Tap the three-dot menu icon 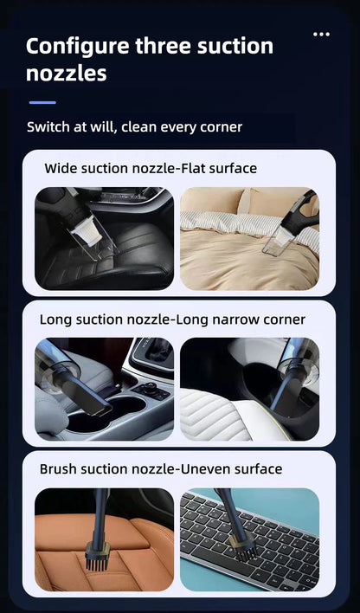pyautogui.click(x=321, y=35)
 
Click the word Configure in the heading pyautogui.click(x=75, y=46)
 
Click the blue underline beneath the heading pyautogui.click(x=42, y=102)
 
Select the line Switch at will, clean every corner pyautogui.click(x=134, y=127)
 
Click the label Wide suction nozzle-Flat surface pyautogui.click(x=151, y=168)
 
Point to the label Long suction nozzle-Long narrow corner pyautogui.click(x=172, y=319)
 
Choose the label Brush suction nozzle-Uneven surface pyautogui.click(x=161, y=469)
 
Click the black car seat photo pyautogui.click(x=104, y=238)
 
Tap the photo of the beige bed pyautogui.click(x=249, y=238)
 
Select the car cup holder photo pyautogui.click(x=104, y=390)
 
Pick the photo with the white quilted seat pyautogui.click(x=249, y=390)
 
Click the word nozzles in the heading pyautogui.click(x=67, y=74)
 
